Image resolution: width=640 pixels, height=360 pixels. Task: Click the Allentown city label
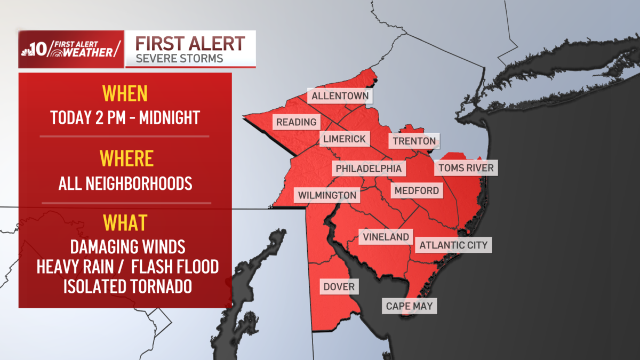point(340,97)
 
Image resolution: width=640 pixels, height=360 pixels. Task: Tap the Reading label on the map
point(297,122)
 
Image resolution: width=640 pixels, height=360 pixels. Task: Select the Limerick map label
point(345,139)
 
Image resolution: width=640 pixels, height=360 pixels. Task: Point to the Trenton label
point(414,141)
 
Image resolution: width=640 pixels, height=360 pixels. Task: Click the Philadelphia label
point(369,169)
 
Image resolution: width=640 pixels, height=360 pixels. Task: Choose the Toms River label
point(466,169)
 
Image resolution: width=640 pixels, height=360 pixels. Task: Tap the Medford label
point(417,190)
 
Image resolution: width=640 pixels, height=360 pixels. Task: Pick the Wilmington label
point(327,195)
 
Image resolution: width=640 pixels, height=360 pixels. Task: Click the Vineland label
point(386,237)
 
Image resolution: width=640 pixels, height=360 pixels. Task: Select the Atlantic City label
point(453,245)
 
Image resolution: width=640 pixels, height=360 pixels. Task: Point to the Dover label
point(339,287)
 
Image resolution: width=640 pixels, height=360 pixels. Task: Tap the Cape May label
point(410,306)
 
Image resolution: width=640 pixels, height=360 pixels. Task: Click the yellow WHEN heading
point(125,94)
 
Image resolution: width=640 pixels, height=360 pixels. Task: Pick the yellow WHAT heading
point(125,223)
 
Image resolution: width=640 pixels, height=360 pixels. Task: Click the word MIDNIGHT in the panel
point(169,117)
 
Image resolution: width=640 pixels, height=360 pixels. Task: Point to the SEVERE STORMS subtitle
point(180,58)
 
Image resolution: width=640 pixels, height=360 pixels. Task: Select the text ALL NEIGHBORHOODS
point(125,183)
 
